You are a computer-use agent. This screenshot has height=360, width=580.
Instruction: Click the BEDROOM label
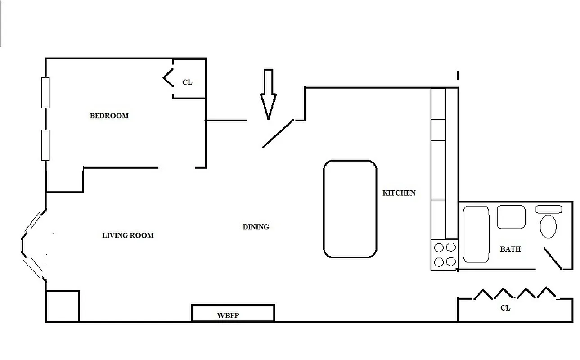(x=109, y=116)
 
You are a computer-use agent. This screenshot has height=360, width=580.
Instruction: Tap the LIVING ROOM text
(x=128, y=235)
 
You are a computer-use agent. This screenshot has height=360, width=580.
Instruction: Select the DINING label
(x=256, y=227)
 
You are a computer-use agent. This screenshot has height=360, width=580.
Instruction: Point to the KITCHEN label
(x=399, y=193)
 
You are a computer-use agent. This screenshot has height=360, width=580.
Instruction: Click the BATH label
(x=510, y=249)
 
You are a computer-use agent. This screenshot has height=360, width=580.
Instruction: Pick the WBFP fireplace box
(x=233, y=313)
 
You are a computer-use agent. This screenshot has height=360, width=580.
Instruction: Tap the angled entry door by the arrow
(x=278, y=133)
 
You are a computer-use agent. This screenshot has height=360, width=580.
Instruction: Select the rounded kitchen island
(x=350, y=209)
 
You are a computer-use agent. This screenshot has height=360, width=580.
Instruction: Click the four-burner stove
(x=445, y=255)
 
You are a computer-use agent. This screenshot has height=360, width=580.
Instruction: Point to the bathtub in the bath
(x=476, y=234)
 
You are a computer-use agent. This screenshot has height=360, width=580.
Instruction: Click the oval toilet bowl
(x=548, y=226)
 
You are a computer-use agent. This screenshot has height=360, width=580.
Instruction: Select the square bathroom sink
(x=511, y=217)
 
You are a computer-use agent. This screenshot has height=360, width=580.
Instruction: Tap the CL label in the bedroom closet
(x=187, y=82)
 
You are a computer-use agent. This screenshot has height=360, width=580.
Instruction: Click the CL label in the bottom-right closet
(x=505, y=308)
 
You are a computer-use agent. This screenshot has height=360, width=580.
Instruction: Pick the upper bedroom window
(x=45, y=92)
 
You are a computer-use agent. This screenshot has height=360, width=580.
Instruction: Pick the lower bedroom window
(x=45, y=145)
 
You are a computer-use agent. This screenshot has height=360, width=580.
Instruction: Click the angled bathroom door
(x=553, y=259)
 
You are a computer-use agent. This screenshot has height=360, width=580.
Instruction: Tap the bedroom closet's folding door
(x=168, y=78)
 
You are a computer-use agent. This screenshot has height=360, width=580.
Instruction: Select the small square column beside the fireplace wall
(x=63, y=306)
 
